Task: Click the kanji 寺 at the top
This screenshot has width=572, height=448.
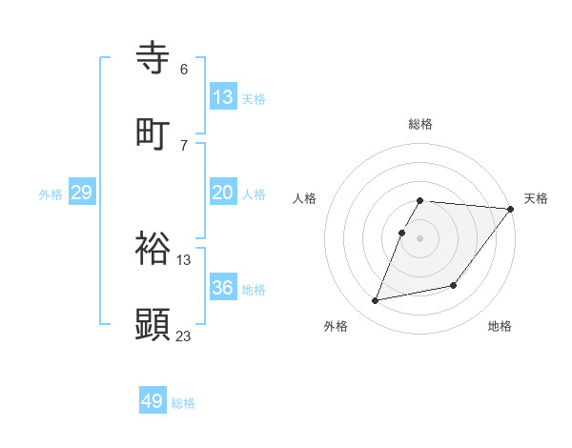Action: point(153,57)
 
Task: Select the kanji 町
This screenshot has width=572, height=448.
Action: point(153,133)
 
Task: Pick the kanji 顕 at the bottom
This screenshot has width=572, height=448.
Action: point(153,324)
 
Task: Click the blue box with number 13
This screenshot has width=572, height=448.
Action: point(223,97)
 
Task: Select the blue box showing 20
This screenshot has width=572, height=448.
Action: point(223,193)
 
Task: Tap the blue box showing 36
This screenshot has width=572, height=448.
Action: point(223,288)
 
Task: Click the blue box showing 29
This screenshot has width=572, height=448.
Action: point(81,193)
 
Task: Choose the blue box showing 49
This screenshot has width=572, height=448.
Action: point(153,401)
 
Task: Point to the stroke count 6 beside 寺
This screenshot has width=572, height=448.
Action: point(184,70)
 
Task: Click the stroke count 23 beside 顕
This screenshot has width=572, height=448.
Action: point(184,336)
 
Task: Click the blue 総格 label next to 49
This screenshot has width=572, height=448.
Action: point(183,403)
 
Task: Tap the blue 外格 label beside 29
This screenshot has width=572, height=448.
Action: point(51,194)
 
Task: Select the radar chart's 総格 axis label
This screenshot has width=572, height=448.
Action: point(420,124)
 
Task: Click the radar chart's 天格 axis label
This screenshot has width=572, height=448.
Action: point(536,198)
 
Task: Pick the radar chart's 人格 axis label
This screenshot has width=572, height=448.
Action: point(305,198)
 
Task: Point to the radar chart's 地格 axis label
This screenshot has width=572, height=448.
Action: point(500,326)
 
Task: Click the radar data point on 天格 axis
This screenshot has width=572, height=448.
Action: point(510,209)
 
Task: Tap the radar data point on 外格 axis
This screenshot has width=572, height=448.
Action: point(376,300)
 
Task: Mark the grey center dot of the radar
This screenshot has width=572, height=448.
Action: point(420,238)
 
